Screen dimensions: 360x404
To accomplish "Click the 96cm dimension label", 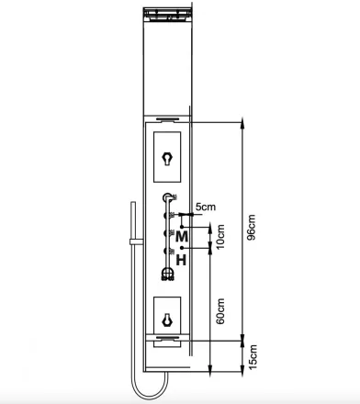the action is (252, 228).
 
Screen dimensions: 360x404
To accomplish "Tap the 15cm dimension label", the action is (253, 356).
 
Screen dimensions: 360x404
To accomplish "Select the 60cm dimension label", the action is (220, 311).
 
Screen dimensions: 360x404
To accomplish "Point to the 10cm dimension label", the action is (220, 237).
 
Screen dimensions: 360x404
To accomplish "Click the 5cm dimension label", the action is (206, 207).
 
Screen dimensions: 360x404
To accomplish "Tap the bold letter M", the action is (182, 236).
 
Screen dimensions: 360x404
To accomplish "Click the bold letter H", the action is (181, 261).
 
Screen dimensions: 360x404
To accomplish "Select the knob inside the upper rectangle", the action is (167, 159).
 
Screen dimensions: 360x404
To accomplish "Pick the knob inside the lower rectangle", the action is (167, 320).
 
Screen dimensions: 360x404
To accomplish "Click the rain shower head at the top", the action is (167, 15).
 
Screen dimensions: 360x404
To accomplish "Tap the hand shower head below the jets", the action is (167, 274).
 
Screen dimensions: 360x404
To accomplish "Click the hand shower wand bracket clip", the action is (136, 241).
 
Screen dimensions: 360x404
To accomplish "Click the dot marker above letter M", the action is (182, 227).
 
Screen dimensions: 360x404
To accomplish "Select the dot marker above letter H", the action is (182, 247).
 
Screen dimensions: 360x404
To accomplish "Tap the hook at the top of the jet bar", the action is (168, 197).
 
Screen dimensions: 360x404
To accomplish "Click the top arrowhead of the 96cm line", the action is (242, 122).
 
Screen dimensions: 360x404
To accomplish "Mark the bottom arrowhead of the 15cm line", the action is (242, 371).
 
